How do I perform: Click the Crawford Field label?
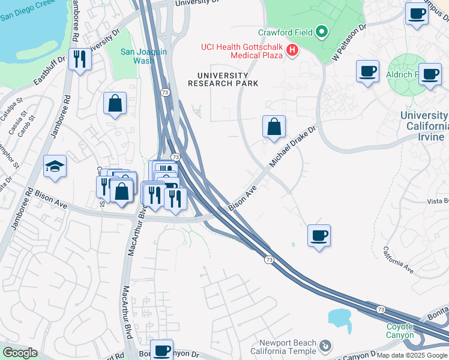[x=285, y=32]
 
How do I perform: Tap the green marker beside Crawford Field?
[x=322, y=31]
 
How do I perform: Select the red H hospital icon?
[x=292, y=50]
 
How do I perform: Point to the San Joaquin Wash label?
[x=143, y=56]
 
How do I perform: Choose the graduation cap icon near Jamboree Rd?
[x=55, y=166]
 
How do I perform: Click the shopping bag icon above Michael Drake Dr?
[x=274, y=127]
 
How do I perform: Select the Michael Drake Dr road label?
[x=294, y=147]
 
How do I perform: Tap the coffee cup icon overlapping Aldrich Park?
[x=430, y=74]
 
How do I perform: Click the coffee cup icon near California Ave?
[x=319, y=235]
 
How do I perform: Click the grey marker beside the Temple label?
[x=325, y=346]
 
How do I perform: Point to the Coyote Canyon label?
[x=400, y=331]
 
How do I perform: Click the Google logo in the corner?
[x=20, y=353]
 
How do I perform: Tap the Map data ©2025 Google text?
[x=412, y=355]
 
